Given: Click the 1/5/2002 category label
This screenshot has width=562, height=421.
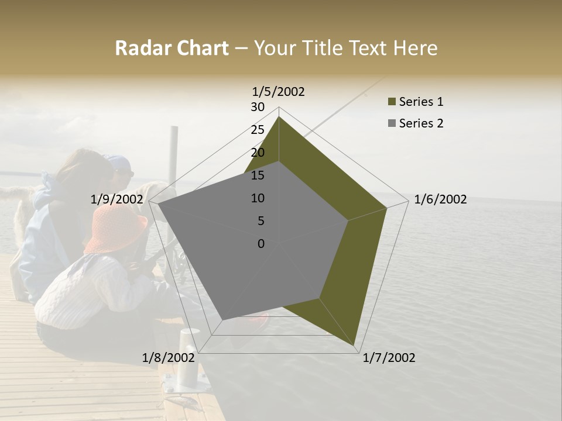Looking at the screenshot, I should (278, 91).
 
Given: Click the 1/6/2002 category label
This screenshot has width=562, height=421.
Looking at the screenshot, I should (440, 199).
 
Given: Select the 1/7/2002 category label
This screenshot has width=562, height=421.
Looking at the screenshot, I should (389, 358).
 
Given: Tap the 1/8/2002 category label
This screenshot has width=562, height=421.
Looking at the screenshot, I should (169, 358).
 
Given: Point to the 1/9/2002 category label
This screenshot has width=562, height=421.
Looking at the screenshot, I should (117, 199).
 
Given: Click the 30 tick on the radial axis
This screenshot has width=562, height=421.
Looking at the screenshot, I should (258, 107).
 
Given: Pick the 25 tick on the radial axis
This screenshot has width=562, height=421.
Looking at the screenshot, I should (258, 130).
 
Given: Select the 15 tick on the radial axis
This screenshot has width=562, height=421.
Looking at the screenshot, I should (258, 175).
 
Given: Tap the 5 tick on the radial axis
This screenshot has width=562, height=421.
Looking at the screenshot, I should (261, 221).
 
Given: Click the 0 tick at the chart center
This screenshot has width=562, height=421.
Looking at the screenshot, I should (261, 244).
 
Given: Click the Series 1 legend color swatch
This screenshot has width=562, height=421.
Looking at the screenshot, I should (392, 102).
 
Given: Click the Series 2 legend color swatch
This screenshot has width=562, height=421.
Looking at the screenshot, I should (392, 123).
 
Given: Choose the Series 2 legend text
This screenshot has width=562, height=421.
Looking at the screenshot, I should (421, 123).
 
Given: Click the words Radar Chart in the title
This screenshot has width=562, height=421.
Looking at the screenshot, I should (172, 49).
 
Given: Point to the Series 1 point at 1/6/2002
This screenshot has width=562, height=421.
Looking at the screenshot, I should (386, 207).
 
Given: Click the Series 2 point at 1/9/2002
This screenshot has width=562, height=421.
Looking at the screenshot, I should (158, 203).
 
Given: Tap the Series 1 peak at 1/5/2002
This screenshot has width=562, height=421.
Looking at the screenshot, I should (279, 116).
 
